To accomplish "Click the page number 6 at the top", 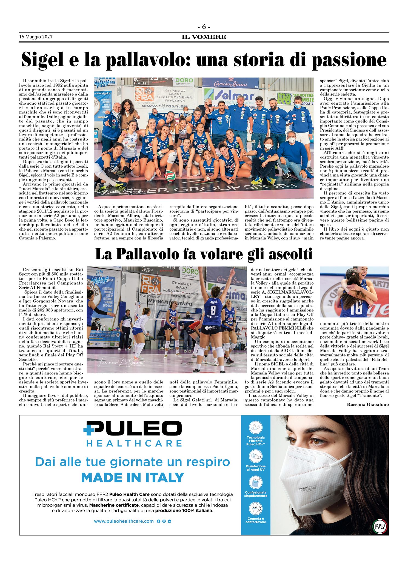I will [204, 27].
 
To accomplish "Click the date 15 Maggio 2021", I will [35, 37].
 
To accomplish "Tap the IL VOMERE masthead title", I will [204, 37].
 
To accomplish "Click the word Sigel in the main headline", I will [42, 59].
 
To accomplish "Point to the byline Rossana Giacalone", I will [367, 404].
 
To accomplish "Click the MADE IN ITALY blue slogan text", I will [133, 478].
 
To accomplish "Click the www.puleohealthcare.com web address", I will [124, 521].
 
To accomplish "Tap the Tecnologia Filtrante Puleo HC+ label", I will [255, 441].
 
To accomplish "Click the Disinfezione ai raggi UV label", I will [255, 468].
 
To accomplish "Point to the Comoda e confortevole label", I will [255, 520].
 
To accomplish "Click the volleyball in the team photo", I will [170, 177].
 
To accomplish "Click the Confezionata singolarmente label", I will [255, 494].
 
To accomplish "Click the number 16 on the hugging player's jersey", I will [356, 308].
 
